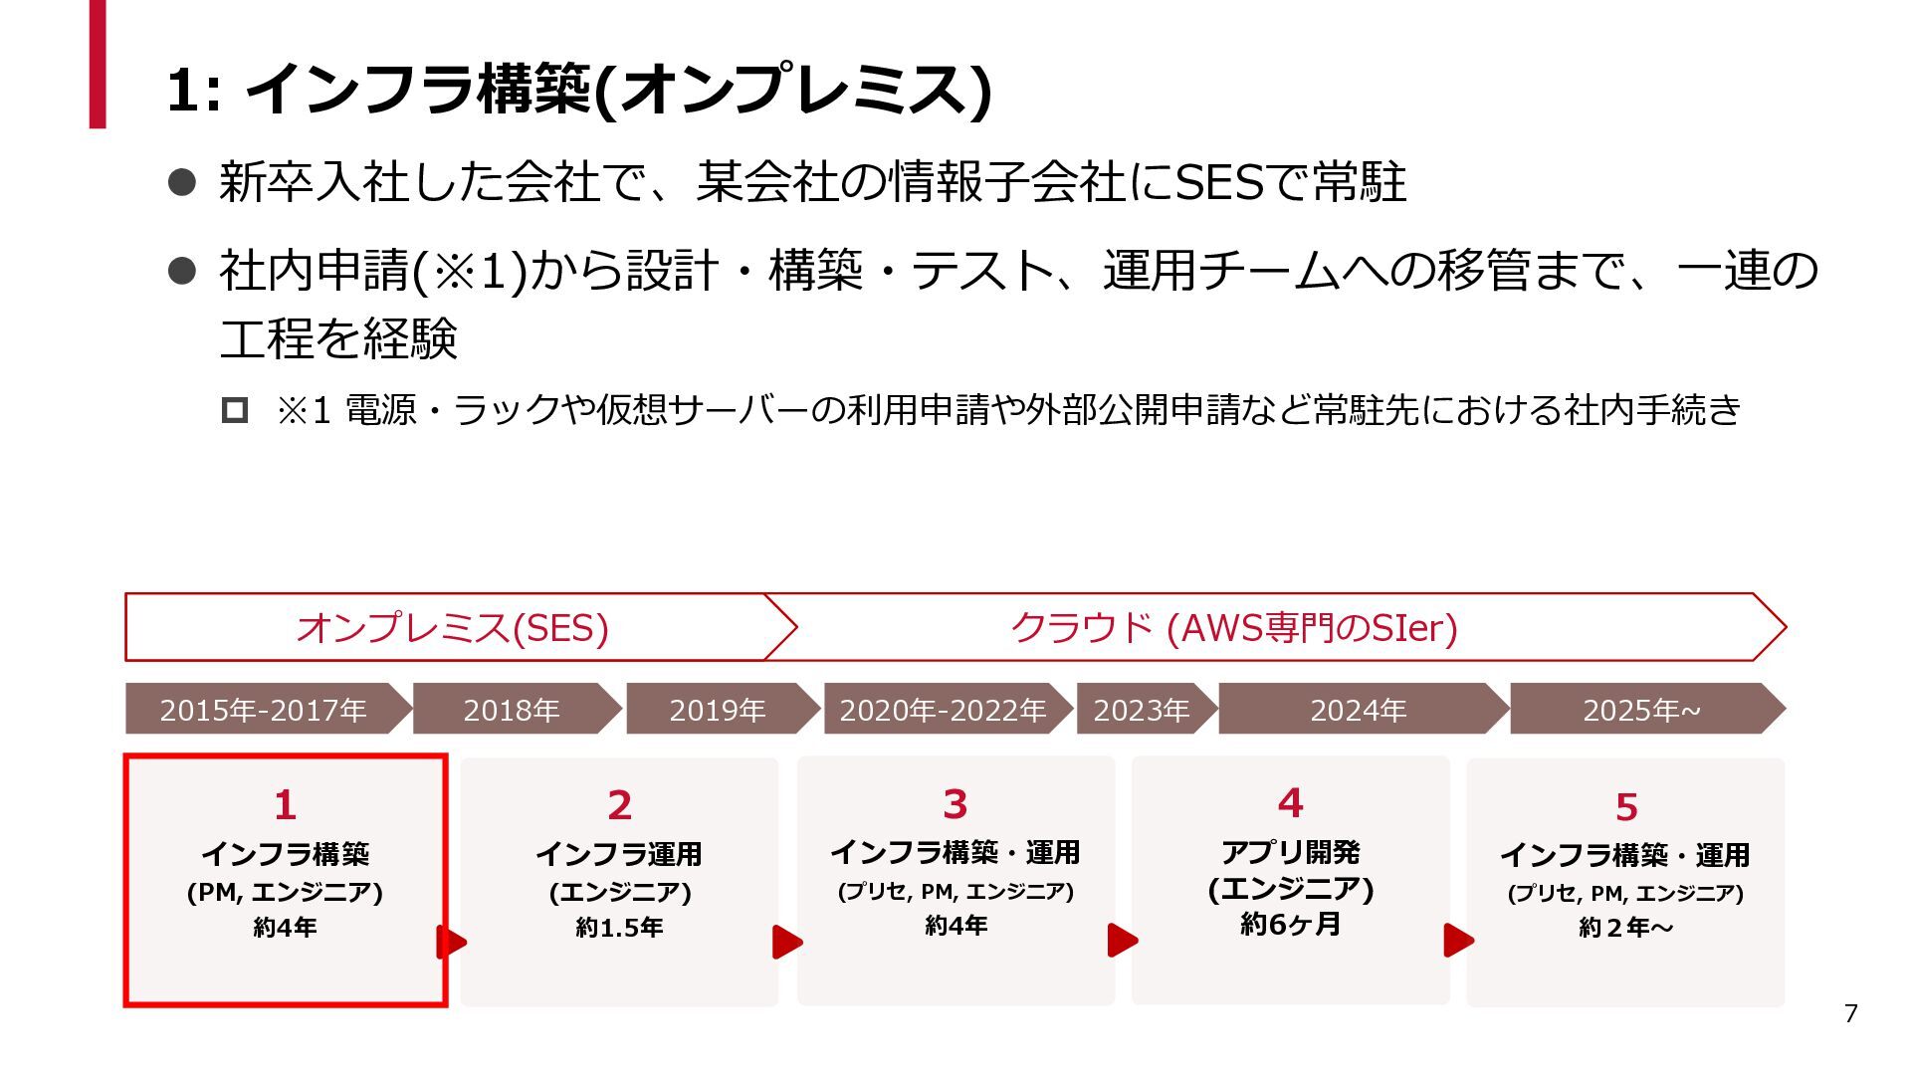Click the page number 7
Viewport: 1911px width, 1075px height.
pos(1850,1013)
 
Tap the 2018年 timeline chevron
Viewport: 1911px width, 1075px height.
pos(513,710)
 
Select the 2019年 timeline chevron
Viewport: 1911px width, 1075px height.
pos(718,710)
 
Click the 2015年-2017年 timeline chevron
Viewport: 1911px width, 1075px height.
pos(264,710)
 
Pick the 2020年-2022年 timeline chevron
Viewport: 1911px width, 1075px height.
pos(943,710)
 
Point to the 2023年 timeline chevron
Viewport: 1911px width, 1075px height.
pos(1142,710)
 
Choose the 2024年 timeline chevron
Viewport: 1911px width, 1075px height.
pos(1359,710)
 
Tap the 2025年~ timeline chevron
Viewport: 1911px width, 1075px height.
pos(1642,710)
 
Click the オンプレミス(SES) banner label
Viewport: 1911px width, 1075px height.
pos(453,628)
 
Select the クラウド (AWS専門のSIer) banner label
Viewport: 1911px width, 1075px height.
pos(1234,628)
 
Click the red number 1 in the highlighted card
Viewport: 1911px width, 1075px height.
pos(286,804)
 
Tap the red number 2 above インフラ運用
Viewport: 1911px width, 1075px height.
pos(620,805)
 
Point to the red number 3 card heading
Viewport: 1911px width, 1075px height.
pos(955,803)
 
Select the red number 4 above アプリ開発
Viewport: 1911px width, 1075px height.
pos(1291,802)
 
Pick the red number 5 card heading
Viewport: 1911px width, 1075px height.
pos(1626,807)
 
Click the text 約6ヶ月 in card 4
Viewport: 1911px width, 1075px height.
pos(1291,925)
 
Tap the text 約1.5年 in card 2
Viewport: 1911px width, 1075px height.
pos(620,928)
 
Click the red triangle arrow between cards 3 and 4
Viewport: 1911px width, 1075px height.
pos(1122,941)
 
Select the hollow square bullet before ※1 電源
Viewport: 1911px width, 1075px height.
pos(235,410)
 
